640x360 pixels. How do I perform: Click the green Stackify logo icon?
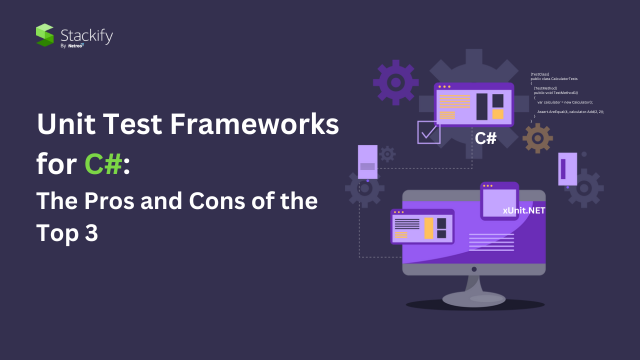44,35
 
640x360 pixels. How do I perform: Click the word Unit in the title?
67,127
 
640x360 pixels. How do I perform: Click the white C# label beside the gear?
486,138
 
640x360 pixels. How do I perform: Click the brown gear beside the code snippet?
538,139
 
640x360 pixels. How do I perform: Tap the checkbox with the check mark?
429,131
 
